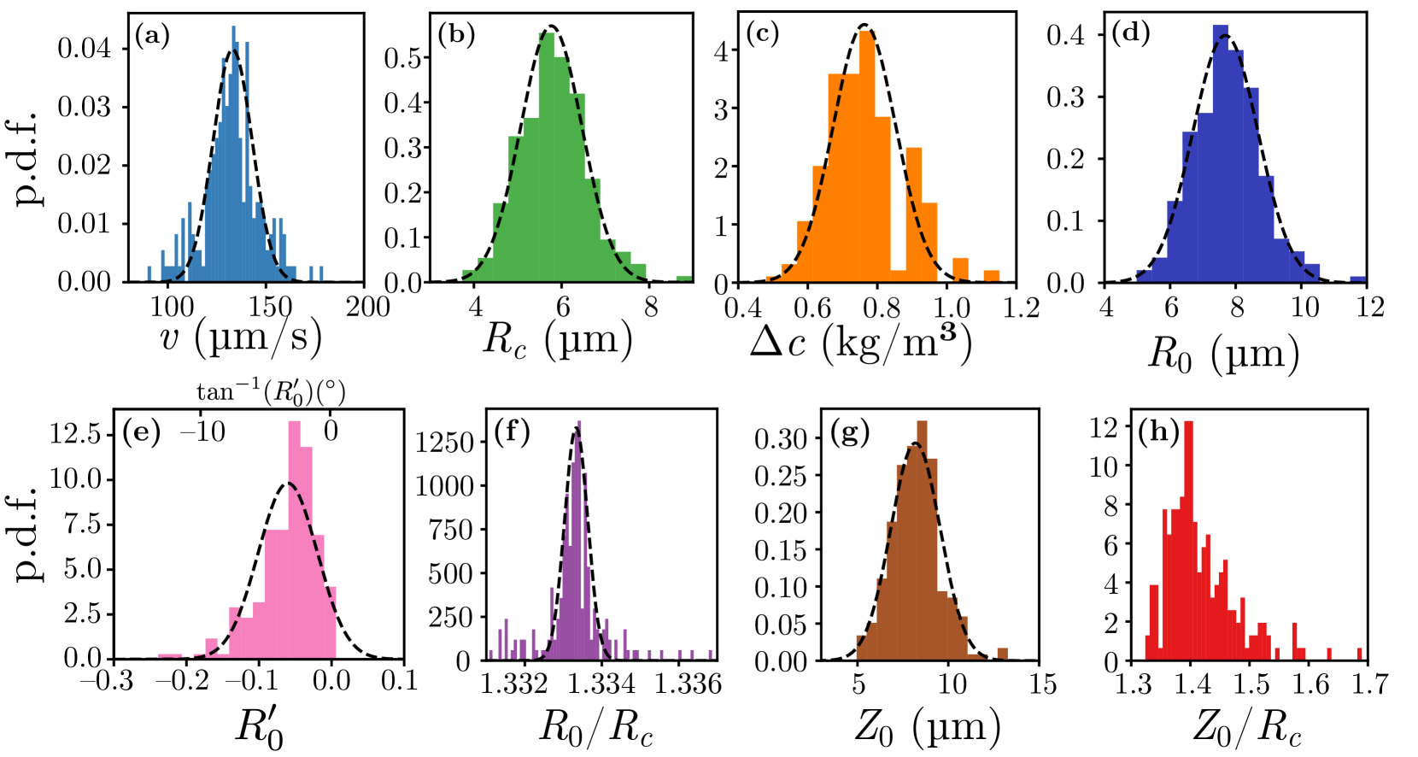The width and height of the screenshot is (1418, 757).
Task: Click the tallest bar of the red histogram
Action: [1188, 538]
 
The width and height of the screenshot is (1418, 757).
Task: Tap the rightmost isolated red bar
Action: [1359, 654]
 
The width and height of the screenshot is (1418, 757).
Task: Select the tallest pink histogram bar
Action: [295, 538]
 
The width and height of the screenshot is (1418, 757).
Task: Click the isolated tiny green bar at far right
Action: [683, 278]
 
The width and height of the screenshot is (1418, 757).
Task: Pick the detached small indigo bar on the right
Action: [1357, 278]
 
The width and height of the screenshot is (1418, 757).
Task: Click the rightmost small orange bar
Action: [992, 275]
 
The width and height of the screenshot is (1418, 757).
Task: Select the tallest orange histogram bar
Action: [867, 154]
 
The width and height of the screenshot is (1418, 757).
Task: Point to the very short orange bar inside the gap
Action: [898, 275]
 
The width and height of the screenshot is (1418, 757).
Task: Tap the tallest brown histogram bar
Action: [922, 538]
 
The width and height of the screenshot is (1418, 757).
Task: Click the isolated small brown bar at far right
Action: [1002, 654]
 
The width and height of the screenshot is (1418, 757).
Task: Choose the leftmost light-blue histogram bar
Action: [149, 273]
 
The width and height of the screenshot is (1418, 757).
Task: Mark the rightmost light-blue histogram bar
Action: [321, 273]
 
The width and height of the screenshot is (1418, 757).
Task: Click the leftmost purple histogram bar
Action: [490, 654]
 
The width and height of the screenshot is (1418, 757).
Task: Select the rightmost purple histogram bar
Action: [710, 654]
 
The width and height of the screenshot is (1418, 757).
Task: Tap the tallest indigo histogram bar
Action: [1220, 154]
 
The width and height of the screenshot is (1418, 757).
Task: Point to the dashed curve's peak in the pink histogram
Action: [290, 484]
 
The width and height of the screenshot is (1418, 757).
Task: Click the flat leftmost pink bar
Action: [170, 655]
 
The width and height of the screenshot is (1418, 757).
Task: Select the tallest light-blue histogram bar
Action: [233, 154]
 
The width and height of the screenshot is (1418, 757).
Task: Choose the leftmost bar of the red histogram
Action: [1147, 647]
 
